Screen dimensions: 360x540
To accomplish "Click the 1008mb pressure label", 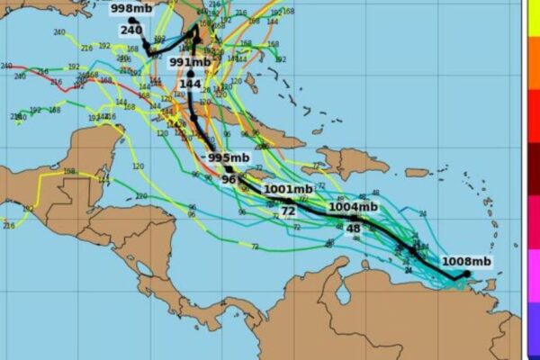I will click(x=466, y=262).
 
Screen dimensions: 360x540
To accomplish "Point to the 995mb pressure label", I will click(x=229, y=157).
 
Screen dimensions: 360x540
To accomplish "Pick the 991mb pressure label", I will click(x=190, y=62).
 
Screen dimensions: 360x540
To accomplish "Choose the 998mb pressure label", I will click(x=131, y=9).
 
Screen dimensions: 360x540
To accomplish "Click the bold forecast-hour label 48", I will click(x=353, y=229).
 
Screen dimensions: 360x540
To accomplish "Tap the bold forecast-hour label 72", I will click(x=288, y=211).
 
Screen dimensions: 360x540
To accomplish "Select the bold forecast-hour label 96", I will click(x=228, y=179).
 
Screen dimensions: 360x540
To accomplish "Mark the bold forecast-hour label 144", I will click(x=190, y=84).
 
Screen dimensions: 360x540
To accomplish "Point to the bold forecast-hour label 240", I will click(x=131, y=30).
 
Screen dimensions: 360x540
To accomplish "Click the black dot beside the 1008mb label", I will click(x=467, y=274).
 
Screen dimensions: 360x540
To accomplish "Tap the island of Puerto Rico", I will click(x=417, y=172).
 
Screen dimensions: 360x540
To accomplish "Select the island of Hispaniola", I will click(x=346, y=163).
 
